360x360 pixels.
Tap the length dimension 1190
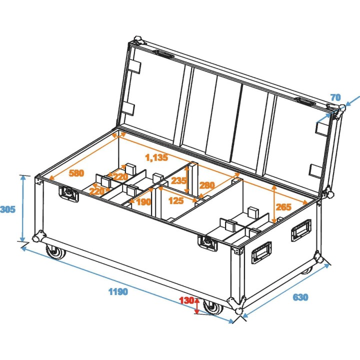[x=119, y=291]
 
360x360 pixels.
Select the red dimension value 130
[x=187, y=300]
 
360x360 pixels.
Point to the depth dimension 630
[x=300, y=297]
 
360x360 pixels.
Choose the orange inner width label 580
[x=76, y=173]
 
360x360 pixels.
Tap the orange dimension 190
[x=143, y=201]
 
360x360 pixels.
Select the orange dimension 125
[x=175, y=200]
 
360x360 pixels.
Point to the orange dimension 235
[x=178, y=181]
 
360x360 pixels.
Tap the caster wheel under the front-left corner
[x=54, y=252]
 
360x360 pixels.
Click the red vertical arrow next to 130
[x=197, y=306]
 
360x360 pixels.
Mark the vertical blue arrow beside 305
[x=23, y=208]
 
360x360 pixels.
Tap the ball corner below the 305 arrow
[x=38, y=237]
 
